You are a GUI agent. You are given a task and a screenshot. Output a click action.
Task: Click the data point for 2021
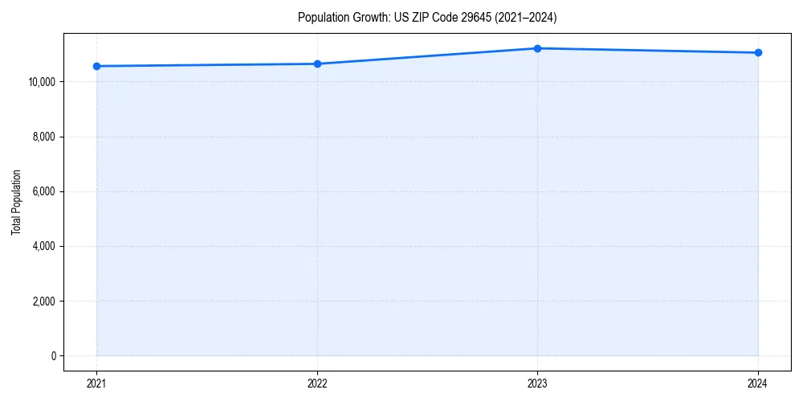tap(96, 66)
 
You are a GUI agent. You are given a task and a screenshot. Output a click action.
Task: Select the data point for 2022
tap(317, 64)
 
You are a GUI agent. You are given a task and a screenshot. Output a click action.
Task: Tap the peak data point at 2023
tap(537, 48)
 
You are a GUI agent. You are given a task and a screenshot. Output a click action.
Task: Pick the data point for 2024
tap(758, 53)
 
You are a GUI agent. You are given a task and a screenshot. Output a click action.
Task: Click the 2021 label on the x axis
tap(96, 384)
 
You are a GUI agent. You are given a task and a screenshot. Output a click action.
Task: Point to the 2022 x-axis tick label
tap(317, 384)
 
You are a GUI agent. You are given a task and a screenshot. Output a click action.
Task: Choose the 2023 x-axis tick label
tap(537, 384)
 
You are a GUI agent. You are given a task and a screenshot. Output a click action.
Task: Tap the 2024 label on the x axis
tap(758, 384)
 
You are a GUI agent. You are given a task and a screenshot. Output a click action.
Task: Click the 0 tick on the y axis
tap(53, 355)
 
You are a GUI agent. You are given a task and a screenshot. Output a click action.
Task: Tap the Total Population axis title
tap(16, 203)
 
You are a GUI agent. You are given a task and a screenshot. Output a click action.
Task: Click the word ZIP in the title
tap(418, 17)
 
